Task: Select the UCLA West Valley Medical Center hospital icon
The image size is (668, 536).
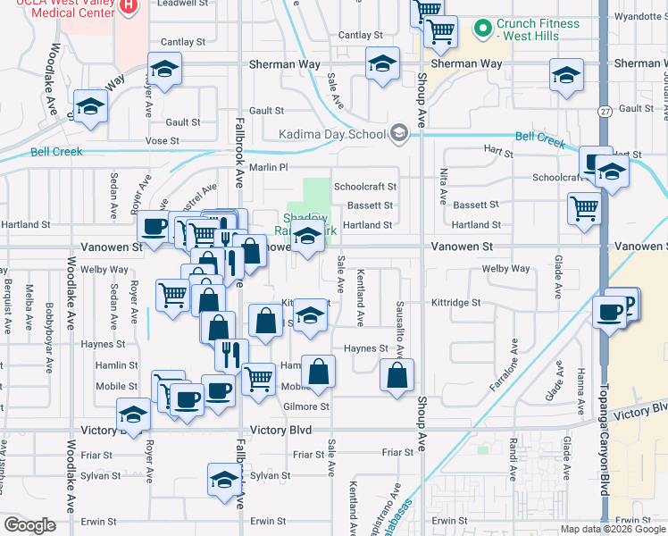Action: pyautogui.click(x=129, y=6)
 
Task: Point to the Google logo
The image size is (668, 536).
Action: pyautogui.click(x=29, y=525)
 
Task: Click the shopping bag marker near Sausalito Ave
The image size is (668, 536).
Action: pyautogui.click(x=397, y=374)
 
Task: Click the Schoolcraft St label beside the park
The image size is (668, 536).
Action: pyautogui.click(x=364, y=187)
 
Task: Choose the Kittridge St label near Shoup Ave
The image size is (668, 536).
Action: pyautogui.click(x=457, y=303)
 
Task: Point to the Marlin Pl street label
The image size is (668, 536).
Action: pyautogui.click(x=269, y=167)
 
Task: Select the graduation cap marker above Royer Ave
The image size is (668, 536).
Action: pyautogui.click(x=164, y=70)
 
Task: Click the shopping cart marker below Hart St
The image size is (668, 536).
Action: pyautogui.click(x=584, y=209)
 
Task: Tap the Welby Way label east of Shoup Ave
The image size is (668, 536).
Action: pyautogui.click(x=505, y=268)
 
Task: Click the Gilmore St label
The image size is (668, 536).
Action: pyautogui.click(x=306, y=406)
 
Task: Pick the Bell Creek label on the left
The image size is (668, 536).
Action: pyautogui.click(x=56, y=152)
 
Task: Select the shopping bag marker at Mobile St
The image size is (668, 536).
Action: pyautogui.click(x=318, y=370)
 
